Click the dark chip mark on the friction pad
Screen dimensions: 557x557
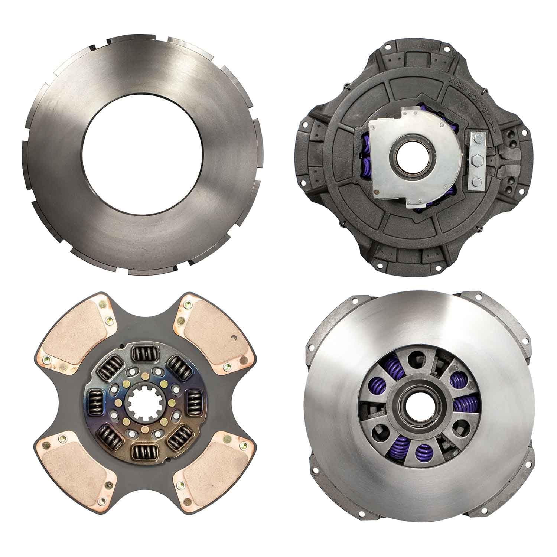pos(234,337)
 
